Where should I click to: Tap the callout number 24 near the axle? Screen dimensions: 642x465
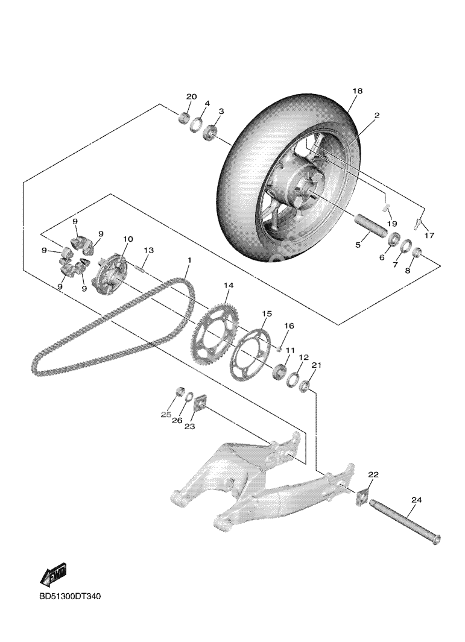tap(416, 500)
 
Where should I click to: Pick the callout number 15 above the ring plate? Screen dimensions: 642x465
tap(267, 314)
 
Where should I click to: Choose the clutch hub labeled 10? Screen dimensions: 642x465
tap(112, 275)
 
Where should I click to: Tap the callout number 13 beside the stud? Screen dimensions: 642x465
tap(148, 250)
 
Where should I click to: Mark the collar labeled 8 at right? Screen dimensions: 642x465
tap(416, 251)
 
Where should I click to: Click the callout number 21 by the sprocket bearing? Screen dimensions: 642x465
tap(317, 366)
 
